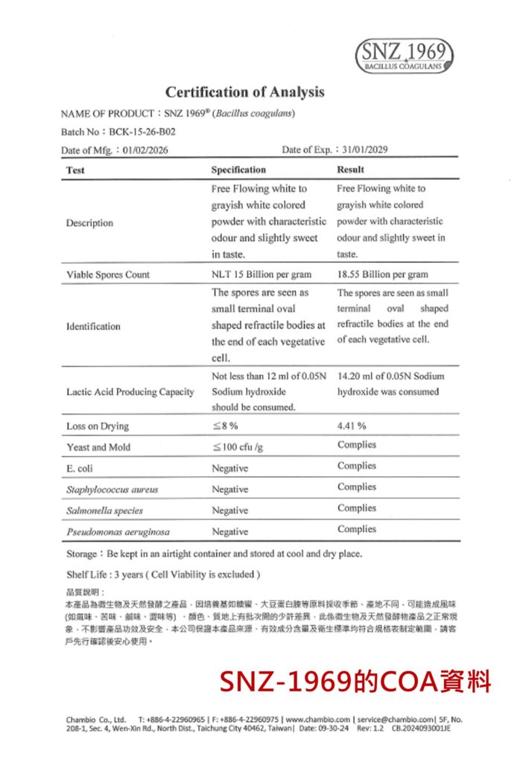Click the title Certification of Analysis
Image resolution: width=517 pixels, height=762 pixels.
click(x=244, y=92)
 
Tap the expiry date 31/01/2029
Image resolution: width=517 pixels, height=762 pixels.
click(x=366, y=150)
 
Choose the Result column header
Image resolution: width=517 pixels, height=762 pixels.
click(x=350, y=170)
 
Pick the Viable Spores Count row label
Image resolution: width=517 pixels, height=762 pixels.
click(x=107, y=275)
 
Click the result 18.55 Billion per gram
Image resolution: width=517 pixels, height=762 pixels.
click(x=382, y=275)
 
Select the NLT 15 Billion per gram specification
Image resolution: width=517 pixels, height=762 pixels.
click(x=261, y=275)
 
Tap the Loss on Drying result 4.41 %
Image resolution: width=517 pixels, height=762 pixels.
click(x=352, y=426)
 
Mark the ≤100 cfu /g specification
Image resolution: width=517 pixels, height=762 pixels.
click(x=238, y=447)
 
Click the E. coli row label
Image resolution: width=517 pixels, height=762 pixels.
click(x=78, y=469)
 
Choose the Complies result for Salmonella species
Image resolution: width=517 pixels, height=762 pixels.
click(x=356, y=508)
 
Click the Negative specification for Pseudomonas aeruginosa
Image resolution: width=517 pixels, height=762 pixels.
click(x=229, y=532)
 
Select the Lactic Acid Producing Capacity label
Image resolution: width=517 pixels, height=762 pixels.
click(x=130, y=391)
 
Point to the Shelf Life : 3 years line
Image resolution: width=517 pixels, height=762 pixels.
click(x=162, y=574)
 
